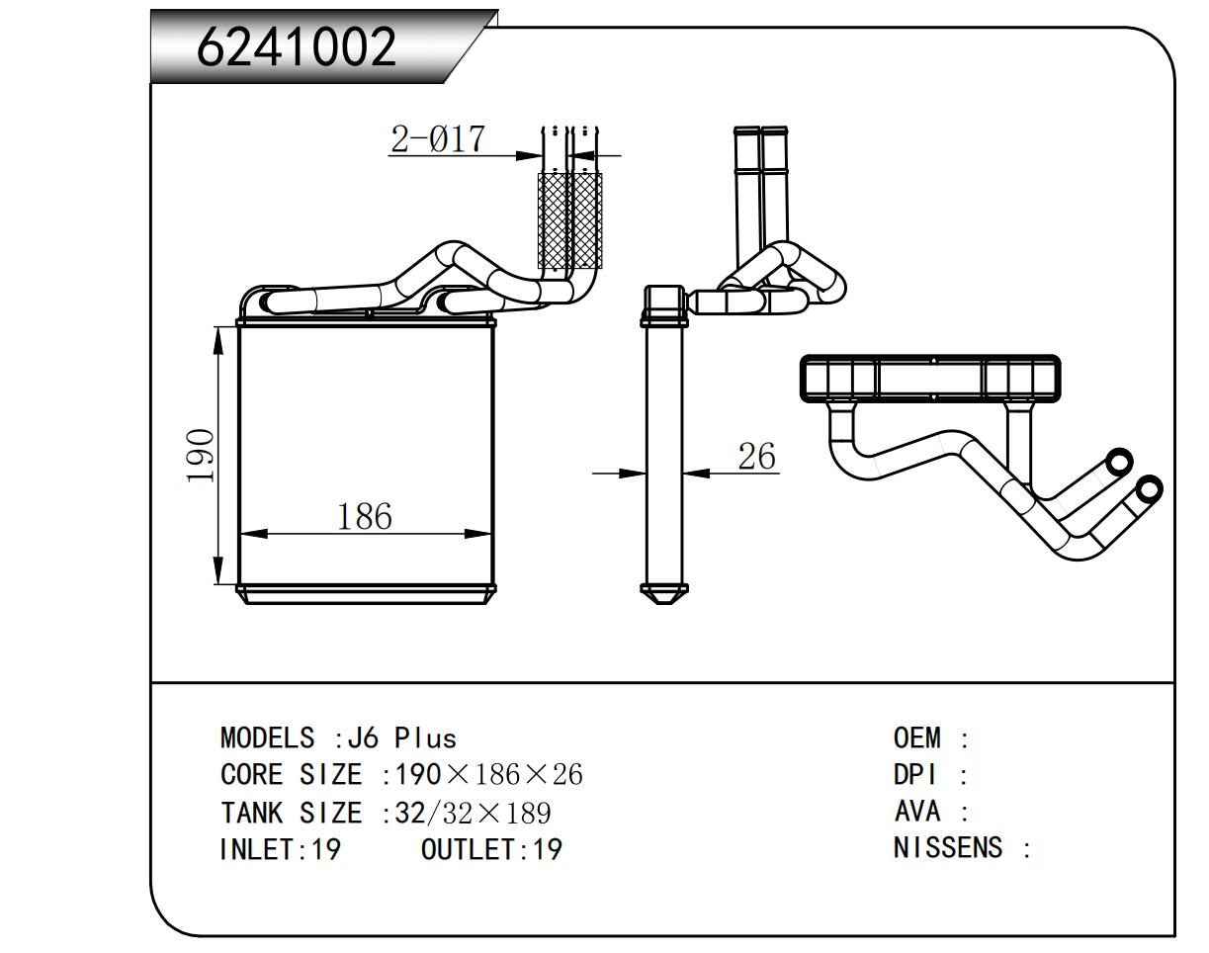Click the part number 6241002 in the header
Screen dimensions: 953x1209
[297, 45]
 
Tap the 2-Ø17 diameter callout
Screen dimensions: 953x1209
[438, 139]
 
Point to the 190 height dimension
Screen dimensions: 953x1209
[202, 455]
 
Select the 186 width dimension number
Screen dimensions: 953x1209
[365, 517]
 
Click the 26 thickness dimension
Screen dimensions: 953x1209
[756, 457]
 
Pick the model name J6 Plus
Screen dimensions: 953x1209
[426, 738]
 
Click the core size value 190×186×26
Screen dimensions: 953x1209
[488, 775]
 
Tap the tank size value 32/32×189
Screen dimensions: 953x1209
[473, 814]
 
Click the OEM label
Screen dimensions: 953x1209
[917, 738]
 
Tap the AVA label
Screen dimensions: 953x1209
[917, 812]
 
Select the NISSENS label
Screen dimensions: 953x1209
[947, 848]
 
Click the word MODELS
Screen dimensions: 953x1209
[267, 738]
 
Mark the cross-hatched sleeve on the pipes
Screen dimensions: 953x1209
[569, 219]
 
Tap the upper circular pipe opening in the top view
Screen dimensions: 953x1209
[1119, 462]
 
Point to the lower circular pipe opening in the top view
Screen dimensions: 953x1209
[1149, 488]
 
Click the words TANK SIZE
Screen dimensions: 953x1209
[291, 814]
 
